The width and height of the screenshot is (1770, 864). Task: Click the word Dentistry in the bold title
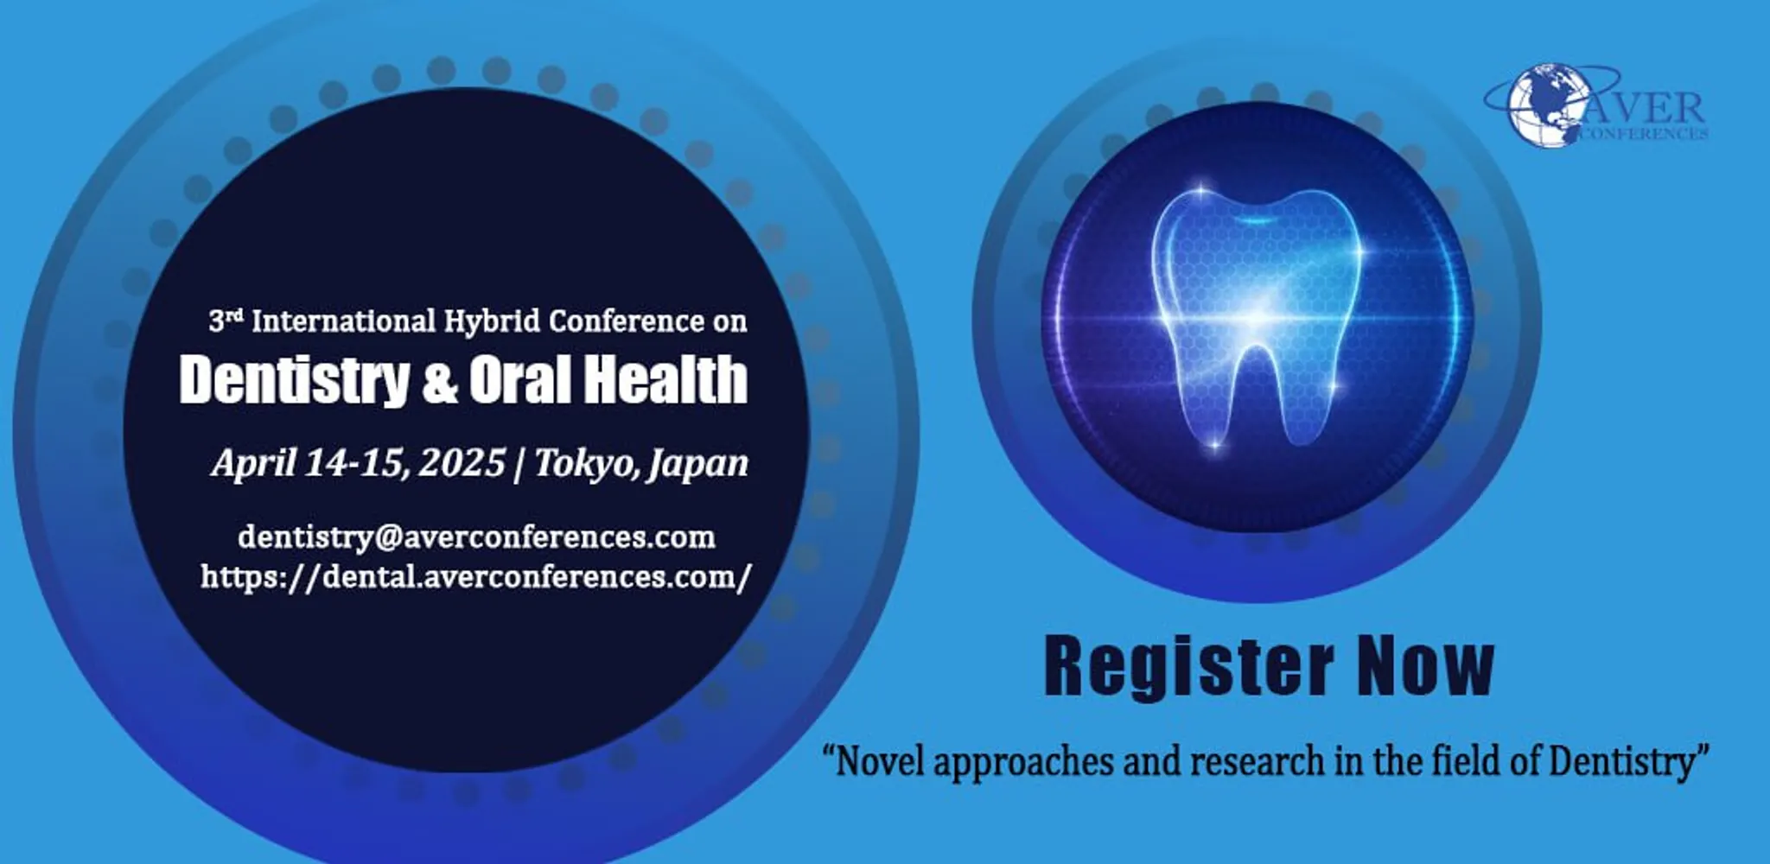click(294, 380)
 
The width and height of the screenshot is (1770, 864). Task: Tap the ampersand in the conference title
click(440, 382)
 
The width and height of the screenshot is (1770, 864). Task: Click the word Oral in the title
click(523, 380)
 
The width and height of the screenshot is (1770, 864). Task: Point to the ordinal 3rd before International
click(225, 321)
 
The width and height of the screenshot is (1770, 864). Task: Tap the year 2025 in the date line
click(462, 463)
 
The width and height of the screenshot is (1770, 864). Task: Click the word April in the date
click(253, 463)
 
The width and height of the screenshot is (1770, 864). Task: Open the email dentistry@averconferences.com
click(476, 537)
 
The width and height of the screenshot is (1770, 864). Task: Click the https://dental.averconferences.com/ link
click(476, 576)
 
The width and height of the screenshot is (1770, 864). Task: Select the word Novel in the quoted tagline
click(882, 762)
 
